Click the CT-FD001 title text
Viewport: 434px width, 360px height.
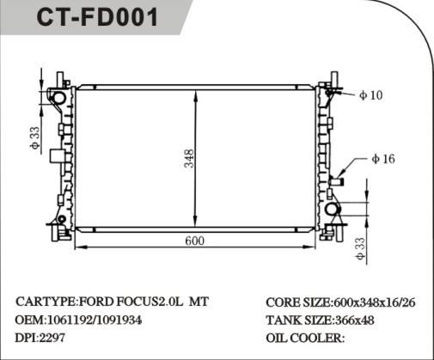click(x=97, y=20)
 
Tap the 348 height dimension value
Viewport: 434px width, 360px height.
click(x=188, y=159)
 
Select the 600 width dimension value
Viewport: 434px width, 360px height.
click(x=195, y=241)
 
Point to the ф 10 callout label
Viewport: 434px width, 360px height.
click(x=370, y=95)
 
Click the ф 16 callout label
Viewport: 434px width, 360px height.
click(x=383, y=159)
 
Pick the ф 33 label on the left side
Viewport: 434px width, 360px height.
click(x=34, y=138)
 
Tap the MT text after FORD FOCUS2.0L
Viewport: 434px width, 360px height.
click(x=198, y=302)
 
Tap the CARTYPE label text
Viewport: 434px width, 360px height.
click(x=45, y=302)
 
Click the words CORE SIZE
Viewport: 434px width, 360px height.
click(x=297, y=303)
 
